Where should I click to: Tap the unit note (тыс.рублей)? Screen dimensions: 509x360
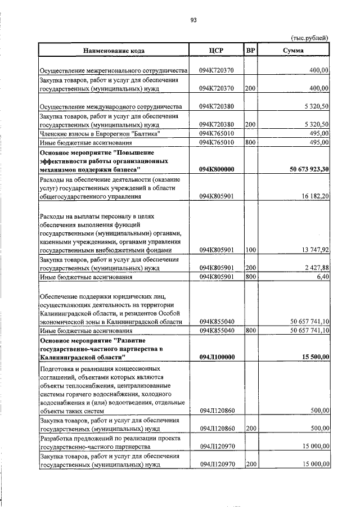(309, 38)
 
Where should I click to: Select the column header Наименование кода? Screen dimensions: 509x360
(114, 50)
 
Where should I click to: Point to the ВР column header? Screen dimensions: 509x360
(251, 50)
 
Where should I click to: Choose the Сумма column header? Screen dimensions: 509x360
(294, 50)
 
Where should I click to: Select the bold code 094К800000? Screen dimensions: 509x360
(217, 169)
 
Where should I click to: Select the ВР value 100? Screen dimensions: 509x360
(250, 250)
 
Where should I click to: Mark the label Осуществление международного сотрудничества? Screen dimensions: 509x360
(110, 106)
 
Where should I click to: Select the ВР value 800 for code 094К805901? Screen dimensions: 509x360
(250, 277)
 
